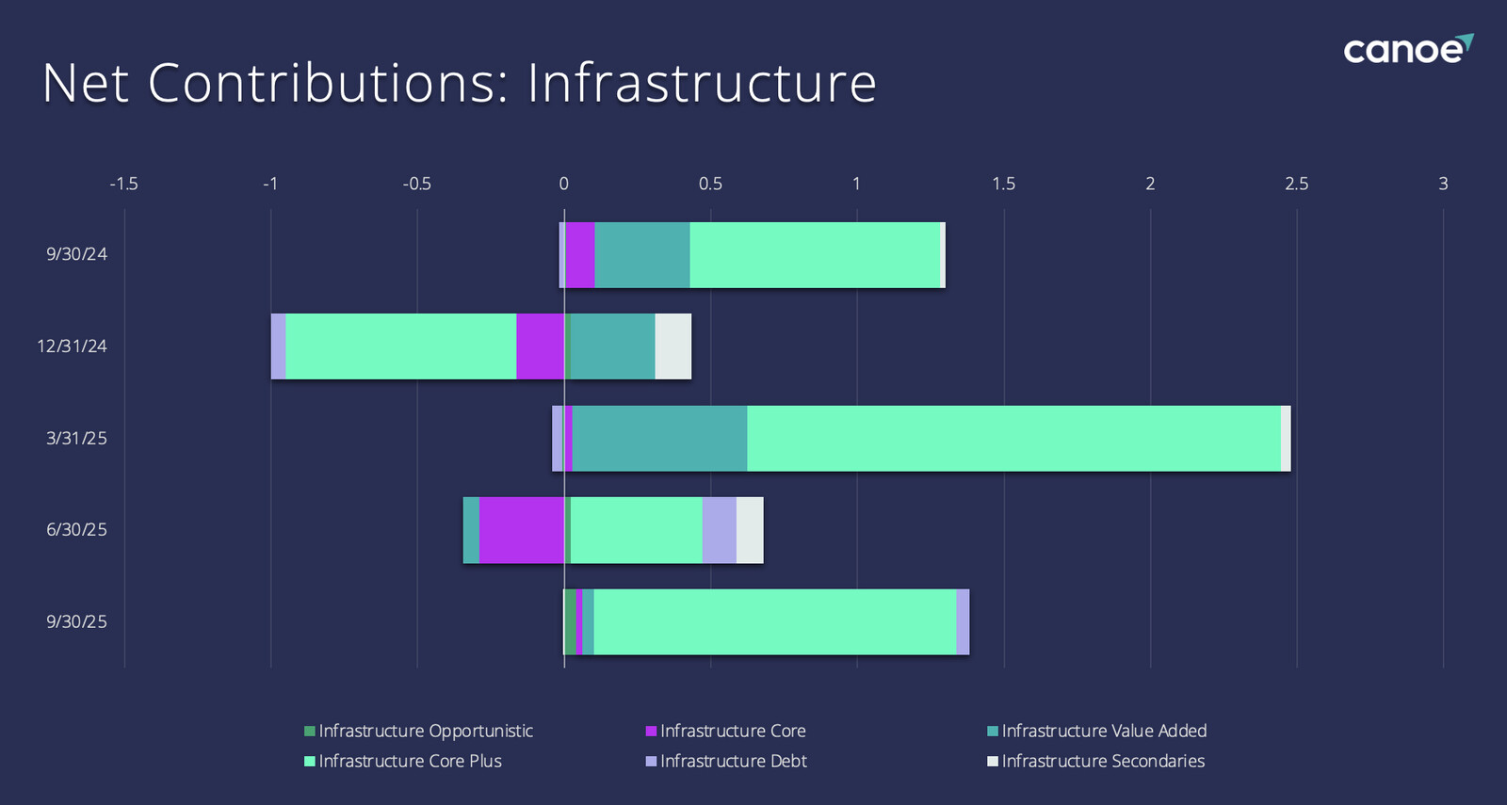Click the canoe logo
[x=1407, y=49]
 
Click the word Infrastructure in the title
[x=702, y=83]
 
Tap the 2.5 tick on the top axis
[x=1296, y=184]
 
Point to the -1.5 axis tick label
[x=123, y=184]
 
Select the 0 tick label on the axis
[x=563, y=184]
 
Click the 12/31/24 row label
[x=72, y=346]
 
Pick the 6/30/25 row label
[x=76, y=530]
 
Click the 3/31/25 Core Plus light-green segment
[x=1013, y=439]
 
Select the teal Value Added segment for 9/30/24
[x=641, y=255]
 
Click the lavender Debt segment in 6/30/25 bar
[x=719, y=530]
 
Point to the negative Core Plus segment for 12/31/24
[x=400, y=346]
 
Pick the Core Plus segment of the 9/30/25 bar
[x=774, y=622]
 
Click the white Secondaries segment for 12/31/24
[x=672, y=346]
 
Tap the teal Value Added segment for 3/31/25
[x=659, y=439]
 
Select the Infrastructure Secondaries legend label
[x=1102, y=761]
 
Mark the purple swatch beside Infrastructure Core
[x=651, y=732]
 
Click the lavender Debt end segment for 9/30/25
[x=963, y=622]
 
